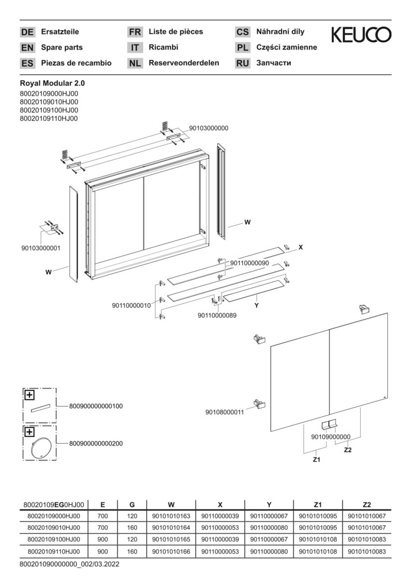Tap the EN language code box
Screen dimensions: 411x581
click(27, 47)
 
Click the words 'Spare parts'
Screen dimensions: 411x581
click(62, 47)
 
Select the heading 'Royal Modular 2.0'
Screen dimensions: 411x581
click(52, 84)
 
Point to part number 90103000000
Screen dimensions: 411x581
click(209, 128)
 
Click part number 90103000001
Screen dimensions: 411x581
click(41, 248)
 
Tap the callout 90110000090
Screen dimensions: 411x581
click(250, 263)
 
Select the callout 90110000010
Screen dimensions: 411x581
click(132, 306)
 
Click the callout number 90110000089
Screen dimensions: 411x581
click(217, 315)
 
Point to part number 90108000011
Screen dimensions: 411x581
click(225, 412)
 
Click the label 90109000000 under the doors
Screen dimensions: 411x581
click(331, 437)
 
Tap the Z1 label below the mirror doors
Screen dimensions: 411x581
click(316, 459)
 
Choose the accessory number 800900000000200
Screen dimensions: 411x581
click(96, 443)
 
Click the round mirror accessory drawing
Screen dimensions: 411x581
click(39, 445)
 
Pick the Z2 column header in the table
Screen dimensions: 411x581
click(366, 504)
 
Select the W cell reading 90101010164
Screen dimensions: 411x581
click(171, 528)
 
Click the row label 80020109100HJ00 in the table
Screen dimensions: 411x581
click(54, 540)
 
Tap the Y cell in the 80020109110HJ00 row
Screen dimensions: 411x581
click(269, 552)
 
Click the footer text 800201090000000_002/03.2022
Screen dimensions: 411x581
click(70, 565)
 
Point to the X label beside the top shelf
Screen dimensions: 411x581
click(301, 247)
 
